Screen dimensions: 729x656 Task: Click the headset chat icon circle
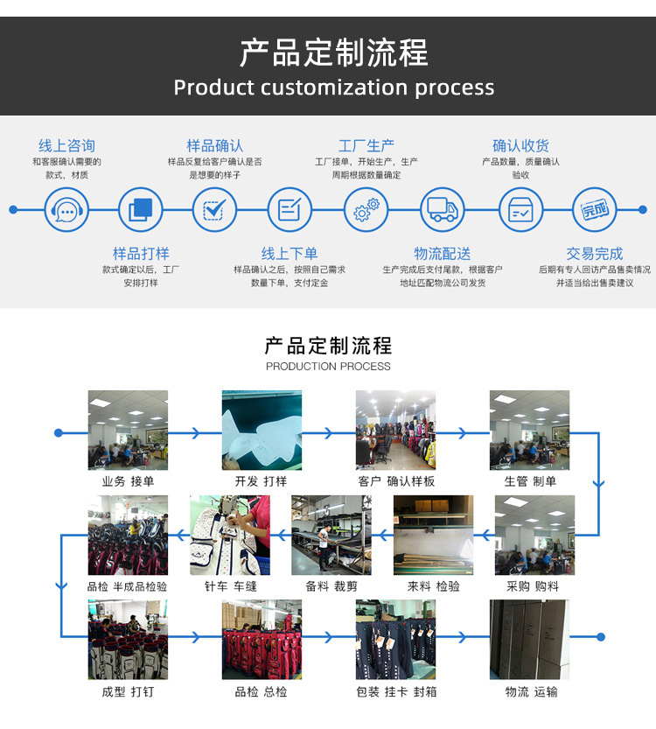pos(66,210)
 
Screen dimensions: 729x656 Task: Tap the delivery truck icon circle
pos(443,210)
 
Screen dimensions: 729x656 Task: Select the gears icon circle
pos(366,210)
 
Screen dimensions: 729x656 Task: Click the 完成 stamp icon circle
pos(595,210)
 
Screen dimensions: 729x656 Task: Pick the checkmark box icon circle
pos(214,210)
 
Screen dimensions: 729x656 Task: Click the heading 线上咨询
pos(66,146)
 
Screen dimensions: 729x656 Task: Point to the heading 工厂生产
pos(366,146)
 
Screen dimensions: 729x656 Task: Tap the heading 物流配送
pos(443,254)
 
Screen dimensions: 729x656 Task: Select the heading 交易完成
pos(595,254)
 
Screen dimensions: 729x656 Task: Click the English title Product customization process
pos(333,88)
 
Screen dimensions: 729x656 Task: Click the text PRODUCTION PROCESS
pos(328,367)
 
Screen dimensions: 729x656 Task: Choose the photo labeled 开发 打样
pos(262,430)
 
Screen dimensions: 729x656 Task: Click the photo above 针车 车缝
pos(230,535)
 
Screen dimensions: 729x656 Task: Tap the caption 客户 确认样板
pos(396,481)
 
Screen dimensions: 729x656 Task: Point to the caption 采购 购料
pos(533,586)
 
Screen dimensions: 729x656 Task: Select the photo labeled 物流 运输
pos(529,640)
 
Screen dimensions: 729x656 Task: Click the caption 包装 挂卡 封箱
pos(396,692)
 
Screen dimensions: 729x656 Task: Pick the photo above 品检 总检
pos(262,640)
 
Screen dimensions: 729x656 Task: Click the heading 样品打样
pos(141,254)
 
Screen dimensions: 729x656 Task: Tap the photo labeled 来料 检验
pos(433,535)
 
